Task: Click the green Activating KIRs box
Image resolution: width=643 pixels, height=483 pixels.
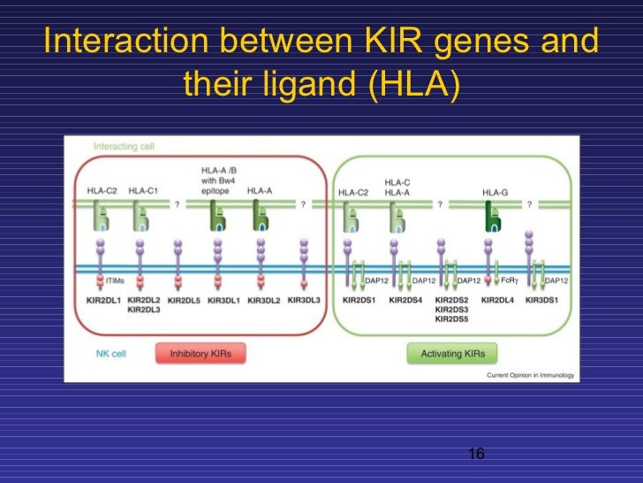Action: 451,354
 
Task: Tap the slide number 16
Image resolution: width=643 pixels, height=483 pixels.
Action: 476,454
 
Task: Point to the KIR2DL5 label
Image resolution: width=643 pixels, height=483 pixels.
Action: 184,301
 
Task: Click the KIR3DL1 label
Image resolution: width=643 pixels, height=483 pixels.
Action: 224,301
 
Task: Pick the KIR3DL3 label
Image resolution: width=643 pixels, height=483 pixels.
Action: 303,301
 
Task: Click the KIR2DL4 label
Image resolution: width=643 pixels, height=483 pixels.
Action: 500,301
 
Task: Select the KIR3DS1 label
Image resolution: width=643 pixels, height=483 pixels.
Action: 544,301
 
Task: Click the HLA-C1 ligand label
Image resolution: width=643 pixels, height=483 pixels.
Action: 144,190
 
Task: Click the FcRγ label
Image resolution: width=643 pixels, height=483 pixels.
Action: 510,280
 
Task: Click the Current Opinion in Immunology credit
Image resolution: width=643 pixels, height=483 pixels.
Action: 530,375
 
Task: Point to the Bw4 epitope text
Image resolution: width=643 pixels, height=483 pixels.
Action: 218,184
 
